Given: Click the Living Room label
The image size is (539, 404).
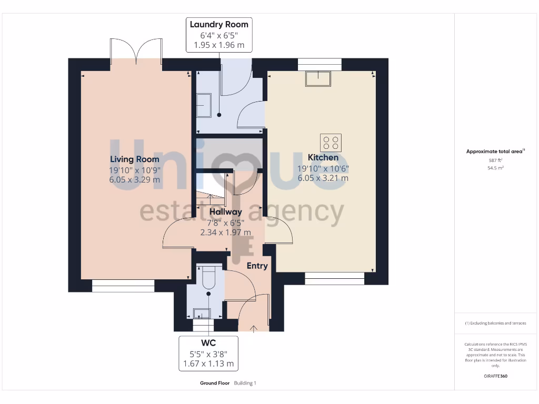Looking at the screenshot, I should [134, 159].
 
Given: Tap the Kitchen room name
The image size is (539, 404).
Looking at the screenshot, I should [323, 157].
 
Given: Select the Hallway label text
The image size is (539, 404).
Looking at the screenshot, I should [225, 211].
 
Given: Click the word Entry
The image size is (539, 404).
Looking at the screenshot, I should [257, 266].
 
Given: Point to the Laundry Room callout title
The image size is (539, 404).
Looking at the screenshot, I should [219, 24].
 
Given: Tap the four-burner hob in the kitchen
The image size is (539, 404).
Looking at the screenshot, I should [331, 143].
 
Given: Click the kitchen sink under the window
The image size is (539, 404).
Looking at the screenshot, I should [320, 78].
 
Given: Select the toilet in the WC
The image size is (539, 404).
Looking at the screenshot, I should [208, 278].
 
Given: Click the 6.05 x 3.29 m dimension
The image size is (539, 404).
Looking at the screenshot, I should [134, 179].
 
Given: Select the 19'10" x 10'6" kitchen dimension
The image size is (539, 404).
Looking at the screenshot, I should [323, 168].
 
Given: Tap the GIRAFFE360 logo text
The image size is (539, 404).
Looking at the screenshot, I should [495, 376].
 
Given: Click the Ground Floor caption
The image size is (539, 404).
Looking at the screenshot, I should [214, 383].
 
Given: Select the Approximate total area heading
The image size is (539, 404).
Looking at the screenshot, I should [494, 151].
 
